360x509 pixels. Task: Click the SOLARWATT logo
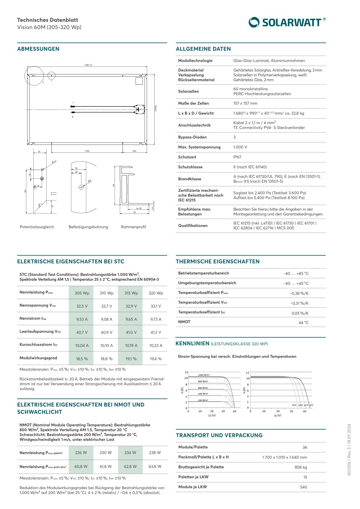(x=287, y=22)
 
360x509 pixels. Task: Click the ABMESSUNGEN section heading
(x=38, y=49)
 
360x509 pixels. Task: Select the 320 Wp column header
(x=156, y=293)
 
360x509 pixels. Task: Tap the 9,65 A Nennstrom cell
(x=131, y=319)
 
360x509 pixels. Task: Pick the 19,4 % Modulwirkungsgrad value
(x=156, y=359)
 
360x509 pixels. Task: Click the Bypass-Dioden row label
(x=192, y=137)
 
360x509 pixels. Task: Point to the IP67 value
(x=237, y=157)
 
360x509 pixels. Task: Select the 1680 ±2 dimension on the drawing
(x=88, y=65)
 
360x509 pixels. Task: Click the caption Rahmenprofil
(x=133, y=227)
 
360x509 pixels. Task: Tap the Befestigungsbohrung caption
(x=88, y=227)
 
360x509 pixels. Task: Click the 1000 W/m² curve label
(x=204, y=375)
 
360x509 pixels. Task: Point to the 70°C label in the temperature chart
(x=294, y=405)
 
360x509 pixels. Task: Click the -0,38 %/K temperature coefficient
(x=299, y=293)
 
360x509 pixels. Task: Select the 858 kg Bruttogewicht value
(x=301, y=467)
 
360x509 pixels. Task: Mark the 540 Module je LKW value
(x=303, y=487)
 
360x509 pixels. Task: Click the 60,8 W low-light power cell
(x=81, y=467)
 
